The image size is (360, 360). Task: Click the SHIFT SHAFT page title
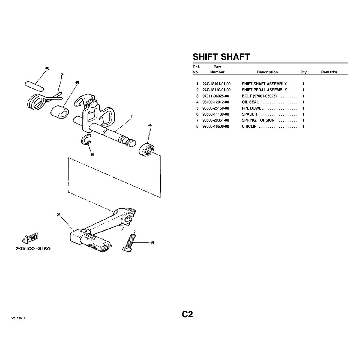221,57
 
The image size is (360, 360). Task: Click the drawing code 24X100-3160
33,249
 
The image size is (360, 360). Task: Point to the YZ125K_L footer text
19,319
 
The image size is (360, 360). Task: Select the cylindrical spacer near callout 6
59,112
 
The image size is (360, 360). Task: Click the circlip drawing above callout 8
87,140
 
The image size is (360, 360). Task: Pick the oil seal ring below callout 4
147,149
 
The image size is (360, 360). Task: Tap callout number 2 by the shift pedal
58,214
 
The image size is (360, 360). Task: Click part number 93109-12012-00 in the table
215,102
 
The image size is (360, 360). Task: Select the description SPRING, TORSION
258,120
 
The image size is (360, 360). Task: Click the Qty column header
303,72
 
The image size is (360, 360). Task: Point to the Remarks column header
329,72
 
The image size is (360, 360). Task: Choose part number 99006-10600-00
215,126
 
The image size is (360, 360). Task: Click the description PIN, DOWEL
253,108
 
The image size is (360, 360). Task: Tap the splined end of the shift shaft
127,141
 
